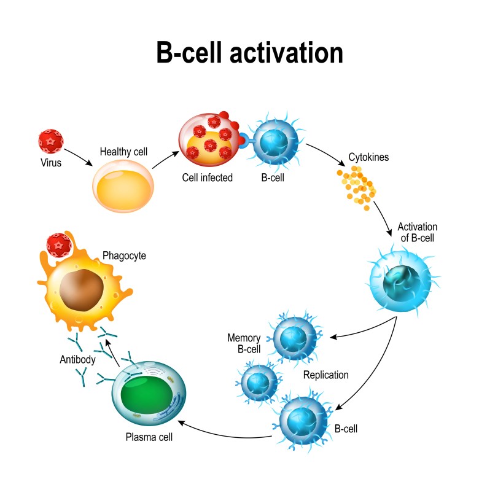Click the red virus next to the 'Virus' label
click(x=50, y=141)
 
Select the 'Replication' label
click(x=325, y=375)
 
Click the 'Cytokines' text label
click(x=368, y=157)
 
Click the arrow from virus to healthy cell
click(x=78, y=157)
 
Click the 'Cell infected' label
click(x=207, y=177)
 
